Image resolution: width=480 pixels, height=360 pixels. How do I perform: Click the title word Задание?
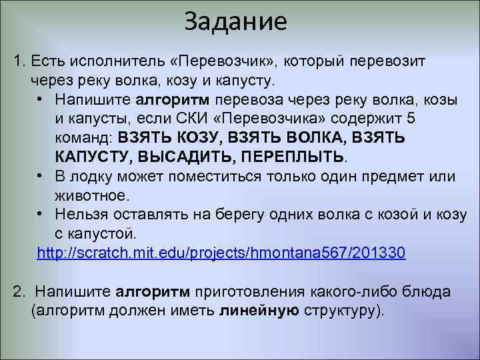pyautogui.click(x=236, y=22)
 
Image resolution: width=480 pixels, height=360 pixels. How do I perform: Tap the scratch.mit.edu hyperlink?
pyautogui.click(x=221, y=254)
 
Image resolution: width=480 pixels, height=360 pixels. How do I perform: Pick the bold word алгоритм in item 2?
pyautogui.click(x=154, y=292)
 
